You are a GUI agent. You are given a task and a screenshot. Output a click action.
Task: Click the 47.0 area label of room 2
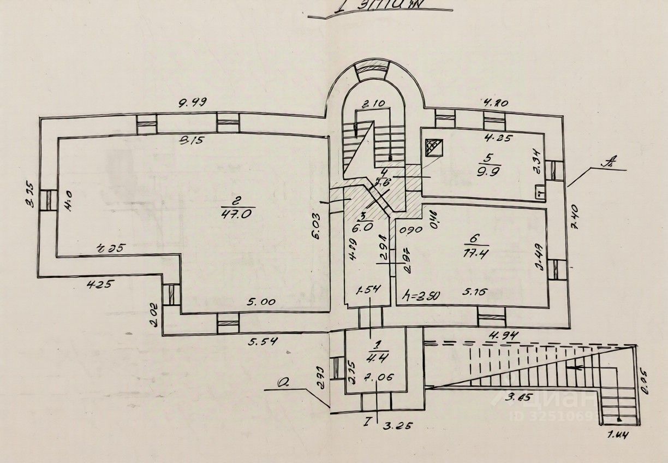pos(236,214)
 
